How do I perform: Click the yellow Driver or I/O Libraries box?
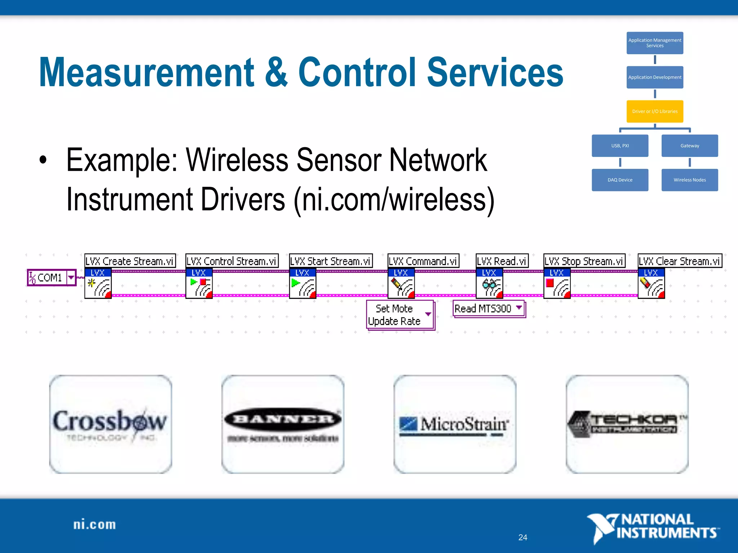655,111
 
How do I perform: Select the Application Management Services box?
655,43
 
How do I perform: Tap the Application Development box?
655,77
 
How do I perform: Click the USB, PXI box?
620,145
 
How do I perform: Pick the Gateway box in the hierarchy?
689,145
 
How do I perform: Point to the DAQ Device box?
620,180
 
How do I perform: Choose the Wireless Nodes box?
689,180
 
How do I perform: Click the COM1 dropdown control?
52,278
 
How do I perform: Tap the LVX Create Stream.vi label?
130,261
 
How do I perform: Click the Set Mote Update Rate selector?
400,315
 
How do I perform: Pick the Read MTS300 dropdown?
488,309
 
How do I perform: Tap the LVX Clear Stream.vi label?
679,261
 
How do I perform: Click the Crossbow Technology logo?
110,424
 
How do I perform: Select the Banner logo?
283,424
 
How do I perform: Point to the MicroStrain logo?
454,424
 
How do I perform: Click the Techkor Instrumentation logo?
627,424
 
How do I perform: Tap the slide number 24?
523,537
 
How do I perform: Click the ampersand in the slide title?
276,73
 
